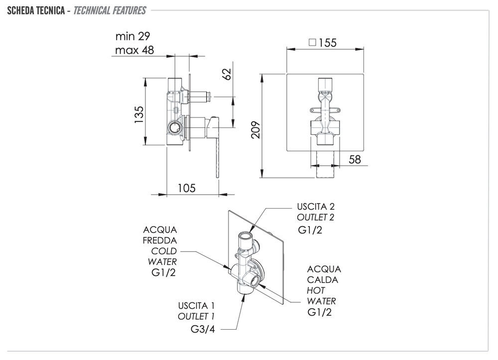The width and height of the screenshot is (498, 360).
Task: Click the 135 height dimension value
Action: tap(139, 114)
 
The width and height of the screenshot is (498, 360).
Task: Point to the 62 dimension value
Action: tap(228, 74)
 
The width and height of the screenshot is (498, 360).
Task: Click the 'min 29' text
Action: tap(132, 36)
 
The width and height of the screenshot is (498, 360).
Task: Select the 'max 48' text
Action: tap(134, 50)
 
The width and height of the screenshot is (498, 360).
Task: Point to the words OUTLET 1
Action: tap(197, 317)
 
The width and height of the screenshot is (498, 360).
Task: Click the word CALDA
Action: tap(323, 280)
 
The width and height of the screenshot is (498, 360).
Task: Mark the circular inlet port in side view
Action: tap(175, 127)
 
